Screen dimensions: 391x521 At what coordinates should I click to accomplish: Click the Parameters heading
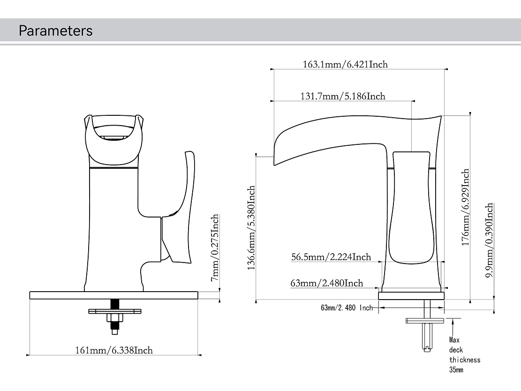[55, 31]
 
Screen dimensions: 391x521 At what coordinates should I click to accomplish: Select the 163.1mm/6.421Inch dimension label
[345, 64]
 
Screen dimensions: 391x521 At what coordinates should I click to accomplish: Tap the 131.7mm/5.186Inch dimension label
[342, 96]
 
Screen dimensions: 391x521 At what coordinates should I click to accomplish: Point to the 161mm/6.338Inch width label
[114, 350]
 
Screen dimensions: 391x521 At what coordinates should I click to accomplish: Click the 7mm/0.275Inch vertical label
[215, 248]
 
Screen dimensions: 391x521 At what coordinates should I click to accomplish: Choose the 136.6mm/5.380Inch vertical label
[251, 228]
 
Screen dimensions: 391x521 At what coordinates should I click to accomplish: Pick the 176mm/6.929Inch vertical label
[465, 207]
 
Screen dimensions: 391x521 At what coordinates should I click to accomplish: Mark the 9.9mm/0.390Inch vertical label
[489, 240]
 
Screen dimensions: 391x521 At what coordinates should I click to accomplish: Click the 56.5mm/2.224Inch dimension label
[331, 256]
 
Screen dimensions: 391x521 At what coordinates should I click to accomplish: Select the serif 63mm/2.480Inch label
[326, 283]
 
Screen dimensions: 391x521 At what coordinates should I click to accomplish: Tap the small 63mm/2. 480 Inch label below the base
[347, 308]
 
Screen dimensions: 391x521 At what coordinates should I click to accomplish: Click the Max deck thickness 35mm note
[464, 355]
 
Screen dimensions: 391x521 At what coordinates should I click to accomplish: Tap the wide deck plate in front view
[114, 295]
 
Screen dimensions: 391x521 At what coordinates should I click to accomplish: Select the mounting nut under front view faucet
[114, 318]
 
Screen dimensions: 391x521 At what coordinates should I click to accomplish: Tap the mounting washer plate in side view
[425, 321]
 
